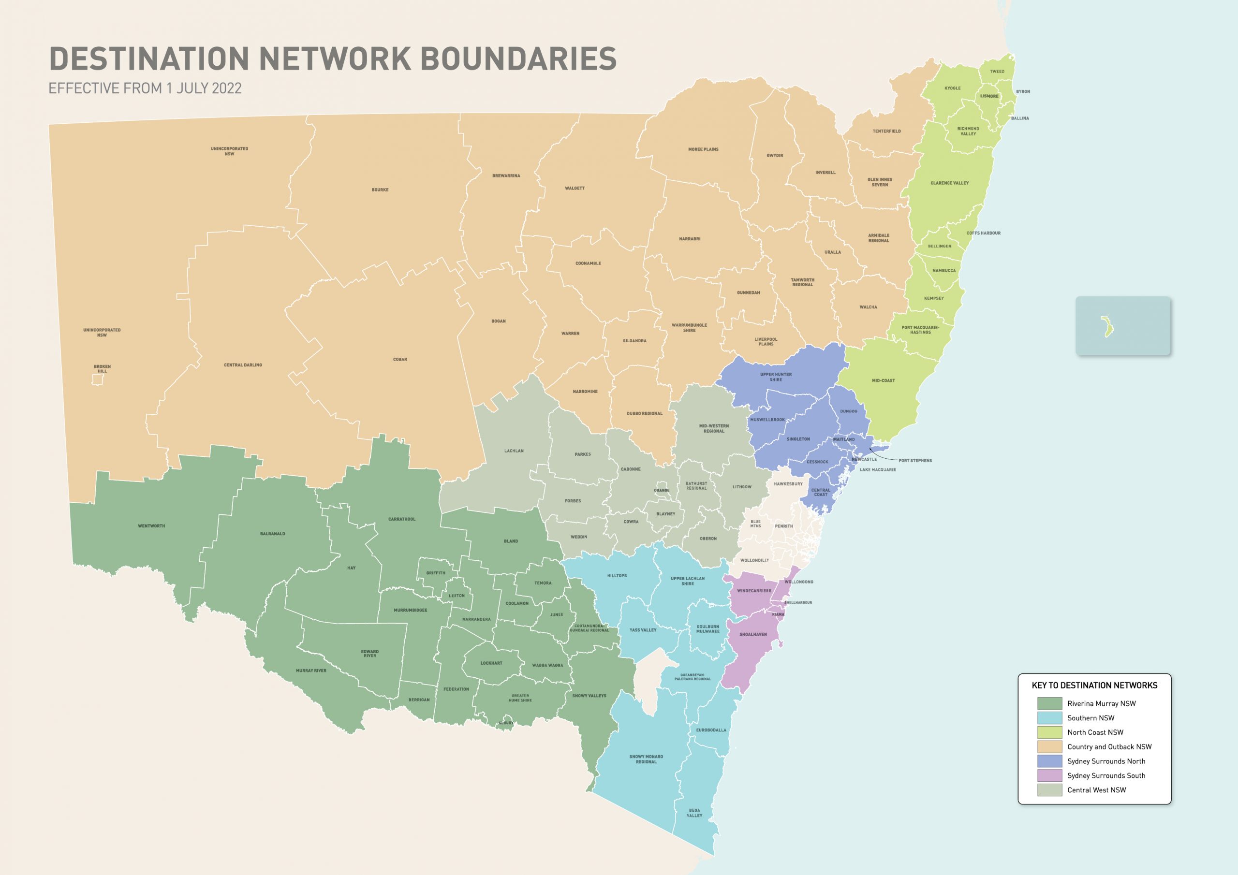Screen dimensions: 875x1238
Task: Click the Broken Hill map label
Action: click(x=102, y=369)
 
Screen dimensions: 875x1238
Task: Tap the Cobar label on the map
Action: click(x=400, y=359)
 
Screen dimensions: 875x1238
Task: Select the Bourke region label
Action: click(x=380, y=190)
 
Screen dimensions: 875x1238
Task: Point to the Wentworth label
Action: click(x=151, y=525)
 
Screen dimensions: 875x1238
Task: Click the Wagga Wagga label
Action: click(x=547, y=665)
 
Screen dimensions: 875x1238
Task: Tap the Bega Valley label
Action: click(x=694, y=813)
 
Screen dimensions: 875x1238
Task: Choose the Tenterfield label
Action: click(x=886, y=131)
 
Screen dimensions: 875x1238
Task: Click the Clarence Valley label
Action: click(x=949, y=183)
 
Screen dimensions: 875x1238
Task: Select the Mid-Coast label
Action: click(x=883, y=380)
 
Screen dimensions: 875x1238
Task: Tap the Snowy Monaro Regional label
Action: click(x=646, y=759)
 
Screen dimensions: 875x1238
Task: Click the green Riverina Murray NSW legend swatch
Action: click(x=1049, y=703)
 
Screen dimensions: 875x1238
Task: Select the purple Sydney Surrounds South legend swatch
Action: click(x=1049, y=776)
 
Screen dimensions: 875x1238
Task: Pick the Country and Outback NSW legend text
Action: click(x=1109, y=747)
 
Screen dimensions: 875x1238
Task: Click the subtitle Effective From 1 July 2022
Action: click(x=145, y=88)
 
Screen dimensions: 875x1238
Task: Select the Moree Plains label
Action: click(x=703, y=149)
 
